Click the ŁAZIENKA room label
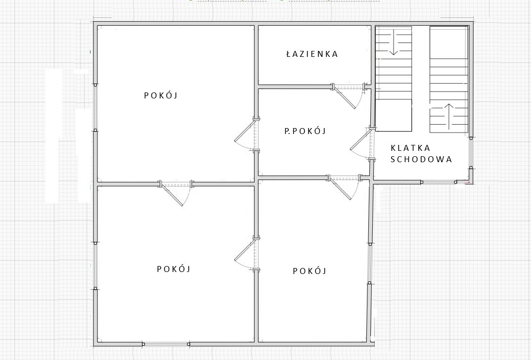click(x=312, y=54)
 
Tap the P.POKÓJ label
click(x=305, y=131)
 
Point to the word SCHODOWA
click(x=421, y=160)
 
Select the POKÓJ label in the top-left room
click(x=161, y=95)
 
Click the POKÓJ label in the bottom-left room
click(x=174, y=269)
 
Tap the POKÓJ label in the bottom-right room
click(x=310, y=271)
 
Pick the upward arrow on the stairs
click(x=449, y=117)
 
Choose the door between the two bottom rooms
click(x=247, y=254)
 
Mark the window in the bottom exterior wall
click(x=166, y=344)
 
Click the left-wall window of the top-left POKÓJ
click(x=95, y=107)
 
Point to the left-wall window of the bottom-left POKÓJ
click(x=95, y=266)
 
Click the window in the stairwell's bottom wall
click(x=439, y=182)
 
